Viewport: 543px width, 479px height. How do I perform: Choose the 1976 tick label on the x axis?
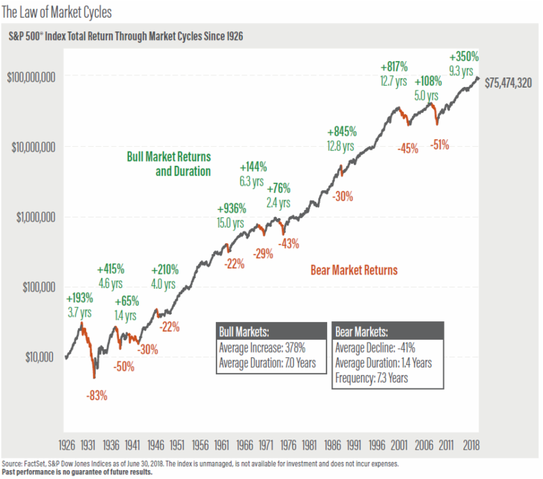[288, 444]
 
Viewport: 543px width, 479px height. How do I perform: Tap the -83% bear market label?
[97, 394]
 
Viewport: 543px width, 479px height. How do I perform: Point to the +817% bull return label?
[394, 67]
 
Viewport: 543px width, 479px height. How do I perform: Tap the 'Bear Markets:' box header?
[362, 332]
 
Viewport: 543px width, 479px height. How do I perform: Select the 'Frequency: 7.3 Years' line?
[372, 378]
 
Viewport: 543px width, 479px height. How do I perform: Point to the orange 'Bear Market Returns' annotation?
[354, 270]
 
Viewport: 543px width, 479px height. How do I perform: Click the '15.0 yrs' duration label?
[231, 221]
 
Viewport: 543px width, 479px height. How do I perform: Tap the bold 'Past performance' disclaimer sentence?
[77, 472]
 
